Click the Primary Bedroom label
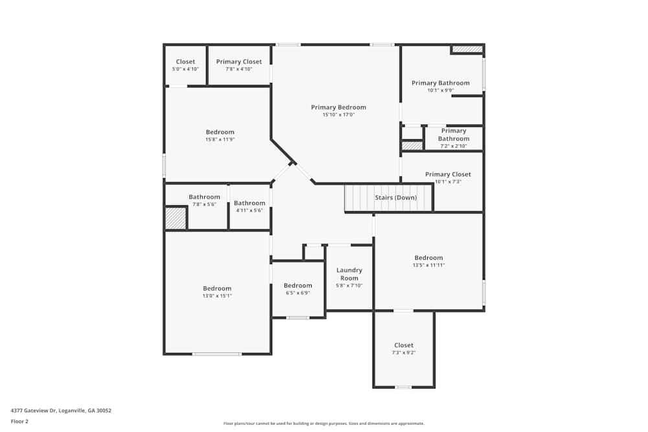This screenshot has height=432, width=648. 338,108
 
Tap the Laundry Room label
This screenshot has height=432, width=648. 349,274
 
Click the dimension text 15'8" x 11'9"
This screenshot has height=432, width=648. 220,139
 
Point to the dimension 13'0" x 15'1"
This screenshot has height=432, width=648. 216,296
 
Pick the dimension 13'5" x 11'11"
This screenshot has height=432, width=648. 428,265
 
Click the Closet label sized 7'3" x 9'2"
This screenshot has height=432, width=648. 403,345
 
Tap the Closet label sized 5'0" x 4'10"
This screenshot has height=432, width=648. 185,62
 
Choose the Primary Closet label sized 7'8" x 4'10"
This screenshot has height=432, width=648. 239,62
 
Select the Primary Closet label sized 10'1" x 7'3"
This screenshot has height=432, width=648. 448,174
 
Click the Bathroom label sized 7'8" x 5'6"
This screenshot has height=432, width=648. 204,197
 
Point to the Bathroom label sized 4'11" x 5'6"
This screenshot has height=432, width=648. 249,203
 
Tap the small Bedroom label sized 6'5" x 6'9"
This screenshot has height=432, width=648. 297,286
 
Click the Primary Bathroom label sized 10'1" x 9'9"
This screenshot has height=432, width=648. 440,83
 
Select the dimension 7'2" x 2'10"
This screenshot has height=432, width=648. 453,146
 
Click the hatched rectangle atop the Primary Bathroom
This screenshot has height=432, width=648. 467,49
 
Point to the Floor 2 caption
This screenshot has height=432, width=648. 19,421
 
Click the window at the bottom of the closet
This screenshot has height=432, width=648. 403,387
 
